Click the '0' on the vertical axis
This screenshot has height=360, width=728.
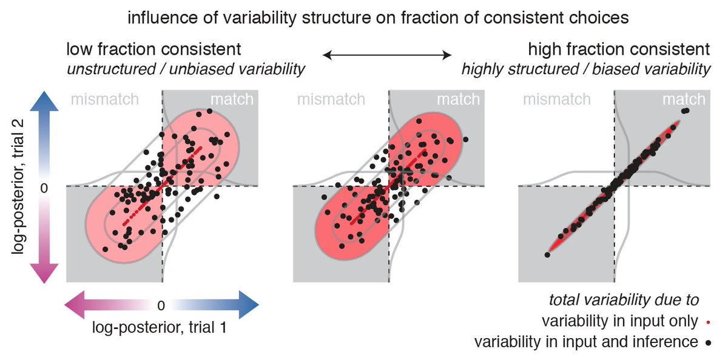(43, 188)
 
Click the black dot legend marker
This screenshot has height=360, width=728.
(709, 342)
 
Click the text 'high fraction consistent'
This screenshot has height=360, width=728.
(619, 49)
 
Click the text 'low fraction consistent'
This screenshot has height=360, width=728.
(155, 49)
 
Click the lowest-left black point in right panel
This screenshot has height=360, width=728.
(547, 255)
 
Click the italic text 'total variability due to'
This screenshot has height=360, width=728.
(624, 299)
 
